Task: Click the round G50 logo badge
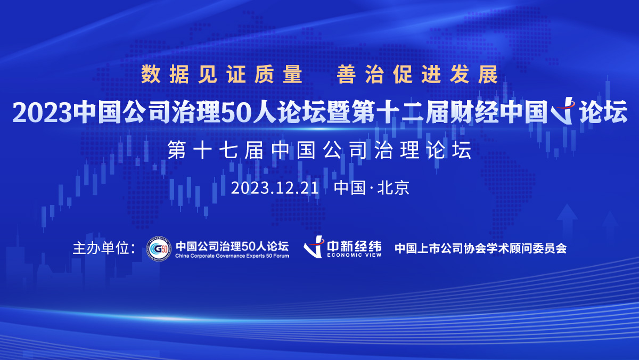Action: [x=159, y=249]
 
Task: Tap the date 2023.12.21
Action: [x=275, y=188]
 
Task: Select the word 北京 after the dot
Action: [x=394, y=188]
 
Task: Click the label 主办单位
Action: [x=101, y=248]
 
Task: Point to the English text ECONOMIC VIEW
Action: [x=354, y=255]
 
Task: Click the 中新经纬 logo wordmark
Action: [x=354, y=246]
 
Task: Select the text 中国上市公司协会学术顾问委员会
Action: [x=481, y=249]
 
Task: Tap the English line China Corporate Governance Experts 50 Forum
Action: [x=232, y=256]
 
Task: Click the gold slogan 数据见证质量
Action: [x=222, y=74]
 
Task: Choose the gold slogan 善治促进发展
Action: [x=417, y=74]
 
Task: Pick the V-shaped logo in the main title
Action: [x=562, y=111]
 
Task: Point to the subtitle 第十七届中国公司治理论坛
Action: [x=319, y=150]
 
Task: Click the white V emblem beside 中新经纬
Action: [x=314, y=247]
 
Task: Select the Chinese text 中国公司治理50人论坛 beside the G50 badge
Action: [x=232, y=246]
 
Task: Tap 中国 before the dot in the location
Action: [x=350, y=188]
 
